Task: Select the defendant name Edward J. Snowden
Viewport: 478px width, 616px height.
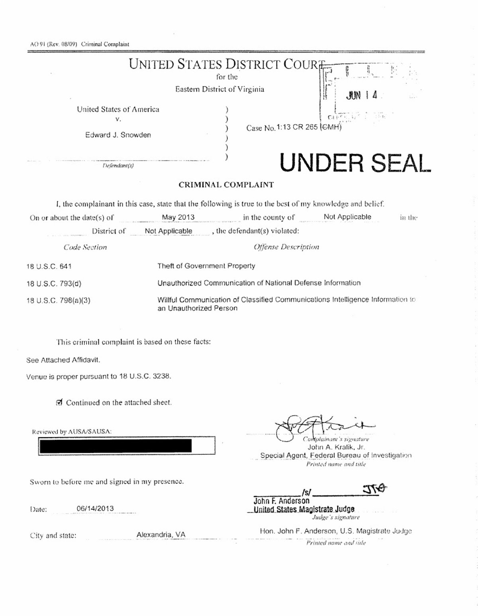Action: point(118,135)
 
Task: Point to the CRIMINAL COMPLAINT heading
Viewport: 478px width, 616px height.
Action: point(226,185)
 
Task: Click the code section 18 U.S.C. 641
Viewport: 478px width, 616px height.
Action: point(49,266)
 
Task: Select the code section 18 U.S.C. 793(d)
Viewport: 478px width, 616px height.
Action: point(54,284)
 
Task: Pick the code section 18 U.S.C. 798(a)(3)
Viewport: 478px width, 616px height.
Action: point(59,301)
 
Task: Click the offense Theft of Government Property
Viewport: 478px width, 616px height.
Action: point(206,266)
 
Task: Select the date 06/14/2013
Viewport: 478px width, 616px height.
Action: point(95,508)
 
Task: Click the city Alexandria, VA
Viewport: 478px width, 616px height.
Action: point(161,535)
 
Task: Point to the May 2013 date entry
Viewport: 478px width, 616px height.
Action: point(178,217)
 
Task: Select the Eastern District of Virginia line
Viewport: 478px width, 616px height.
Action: point(220,89)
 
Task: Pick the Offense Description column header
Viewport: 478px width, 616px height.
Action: point(286,247)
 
